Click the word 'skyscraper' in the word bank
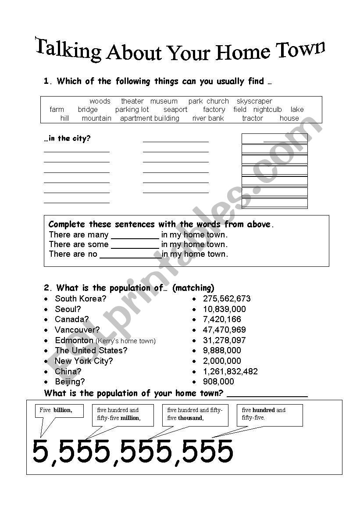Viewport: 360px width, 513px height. click(x=254, y=101)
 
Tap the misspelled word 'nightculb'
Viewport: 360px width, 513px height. click(x=267, y=110)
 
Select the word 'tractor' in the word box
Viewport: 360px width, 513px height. click(x=253, y=118)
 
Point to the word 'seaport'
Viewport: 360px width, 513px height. click(x=175, y=110)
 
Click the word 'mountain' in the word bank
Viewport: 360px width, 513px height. click(x=96, y=118)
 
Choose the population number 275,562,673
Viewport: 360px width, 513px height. click(x=227, y=299)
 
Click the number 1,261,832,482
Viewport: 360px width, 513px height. click(x=230, y=372)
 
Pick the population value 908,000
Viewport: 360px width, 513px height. click(x=218, y=382)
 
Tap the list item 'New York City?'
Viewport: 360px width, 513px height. click(x=84, y=361)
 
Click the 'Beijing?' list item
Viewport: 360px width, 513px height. click(x=70, y=382)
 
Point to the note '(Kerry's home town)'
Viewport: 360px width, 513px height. click(x=125, y=341)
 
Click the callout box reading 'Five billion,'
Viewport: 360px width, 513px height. click(x=59, y=411)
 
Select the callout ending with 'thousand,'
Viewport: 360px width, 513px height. click(x=195, y=414)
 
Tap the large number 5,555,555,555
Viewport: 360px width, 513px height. click(x=133, y=451)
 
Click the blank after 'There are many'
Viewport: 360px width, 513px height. click(x=135, y=236)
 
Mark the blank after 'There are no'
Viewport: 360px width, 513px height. click(x=130, y=255)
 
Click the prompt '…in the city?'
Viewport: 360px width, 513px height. click(x=67, y=139)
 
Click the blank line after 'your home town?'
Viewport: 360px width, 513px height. click(x=267, y=394)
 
